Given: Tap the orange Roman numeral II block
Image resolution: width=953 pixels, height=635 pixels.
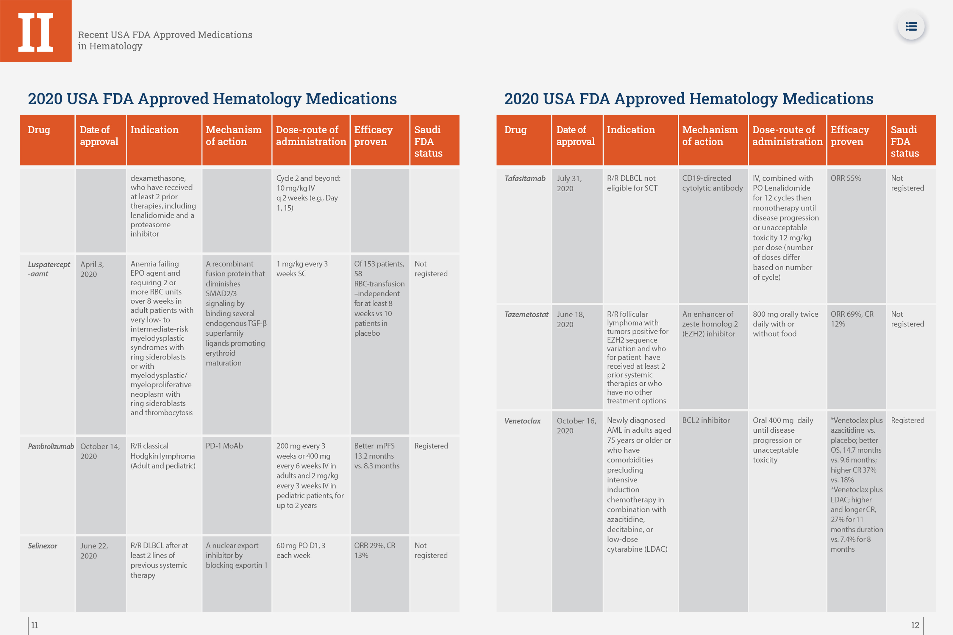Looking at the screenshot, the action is (36, 31).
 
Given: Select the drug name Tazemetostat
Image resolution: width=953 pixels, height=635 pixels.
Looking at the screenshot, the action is (526, 315).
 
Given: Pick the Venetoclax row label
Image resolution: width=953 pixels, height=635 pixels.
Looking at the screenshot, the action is (522, 421).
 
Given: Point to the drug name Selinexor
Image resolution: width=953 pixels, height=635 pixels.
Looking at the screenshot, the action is (43, 546).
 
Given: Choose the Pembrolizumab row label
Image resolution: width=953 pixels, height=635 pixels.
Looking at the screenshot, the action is (51, 447).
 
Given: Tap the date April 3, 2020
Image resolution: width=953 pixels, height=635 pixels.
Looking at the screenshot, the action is (92, 269).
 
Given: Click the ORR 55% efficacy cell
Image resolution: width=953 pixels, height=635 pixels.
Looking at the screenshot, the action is (846, 178).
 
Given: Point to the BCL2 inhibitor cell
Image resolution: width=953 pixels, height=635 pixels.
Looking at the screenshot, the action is (706, 420).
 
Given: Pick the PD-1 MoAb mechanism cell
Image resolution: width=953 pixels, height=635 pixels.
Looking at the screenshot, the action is (224, 446).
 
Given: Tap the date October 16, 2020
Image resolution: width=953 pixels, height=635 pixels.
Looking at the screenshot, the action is (576, 426).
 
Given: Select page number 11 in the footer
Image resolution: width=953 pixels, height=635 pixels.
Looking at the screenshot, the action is (35, 625).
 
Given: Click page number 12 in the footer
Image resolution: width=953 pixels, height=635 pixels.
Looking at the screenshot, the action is (915, 625).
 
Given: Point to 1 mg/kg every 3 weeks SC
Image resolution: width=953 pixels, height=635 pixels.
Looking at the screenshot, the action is (302, 269).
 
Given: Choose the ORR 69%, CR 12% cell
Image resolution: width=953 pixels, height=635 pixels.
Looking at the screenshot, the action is (852, 319).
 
